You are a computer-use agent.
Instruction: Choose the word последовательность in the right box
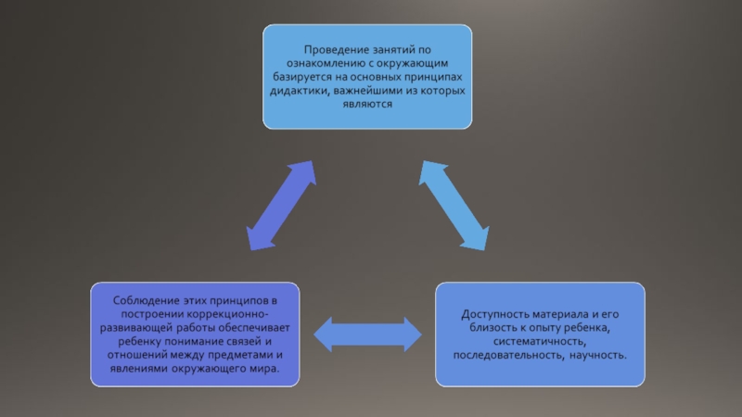[507, 356]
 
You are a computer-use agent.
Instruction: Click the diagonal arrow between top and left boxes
[281, 207]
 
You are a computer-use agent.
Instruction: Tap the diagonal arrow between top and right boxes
[455, 207]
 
